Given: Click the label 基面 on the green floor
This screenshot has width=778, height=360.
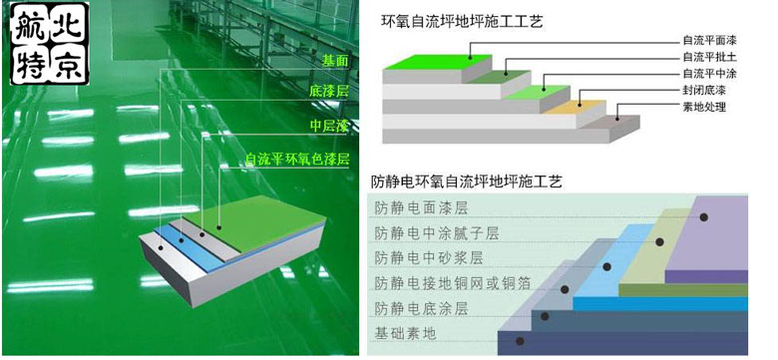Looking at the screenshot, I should (334, 61).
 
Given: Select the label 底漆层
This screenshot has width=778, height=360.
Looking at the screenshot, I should (328, 93).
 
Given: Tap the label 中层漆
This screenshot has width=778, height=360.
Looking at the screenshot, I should (328, 126).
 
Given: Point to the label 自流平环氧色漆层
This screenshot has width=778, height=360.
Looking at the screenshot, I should (297, 159).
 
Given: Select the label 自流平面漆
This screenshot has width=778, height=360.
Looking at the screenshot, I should (708, 42).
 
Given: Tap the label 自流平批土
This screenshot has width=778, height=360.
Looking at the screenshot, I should (708, 58).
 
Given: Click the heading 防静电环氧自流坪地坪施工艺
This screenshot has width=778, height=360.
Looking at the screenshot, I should (467, 182).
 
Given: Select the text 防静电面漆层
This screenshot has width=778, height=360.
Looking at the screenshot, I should (421, 208).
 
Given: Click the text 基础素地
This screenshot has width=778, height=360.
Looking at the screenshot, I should (405, 333).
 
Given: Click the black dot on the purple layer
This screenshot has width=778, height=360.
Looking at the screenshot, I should (704, 216).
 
